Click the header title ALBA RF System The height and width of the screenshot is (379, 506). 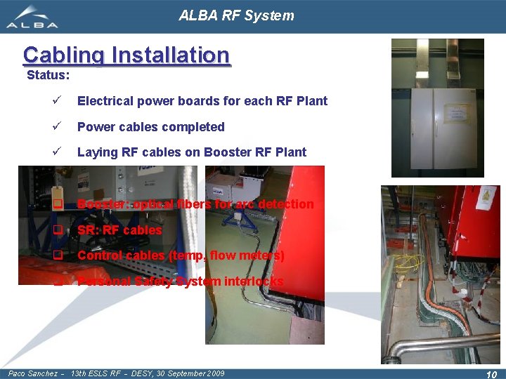(x=236, y=15)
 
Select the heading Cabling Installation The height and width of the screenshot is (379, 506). (x=126, y=55)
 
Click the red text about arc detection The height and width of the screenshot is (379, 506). (x=195, y=204)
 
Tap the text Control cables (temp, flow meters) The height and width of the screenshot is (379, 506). (x=181, y=255)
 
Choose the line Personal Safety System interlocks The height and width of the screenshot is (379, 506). (x=181, y=281)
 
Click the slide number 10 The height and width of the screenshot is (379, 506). (x=491, y=375)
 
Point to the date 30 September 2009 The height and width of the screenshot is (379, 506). (x=185, y=373)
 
